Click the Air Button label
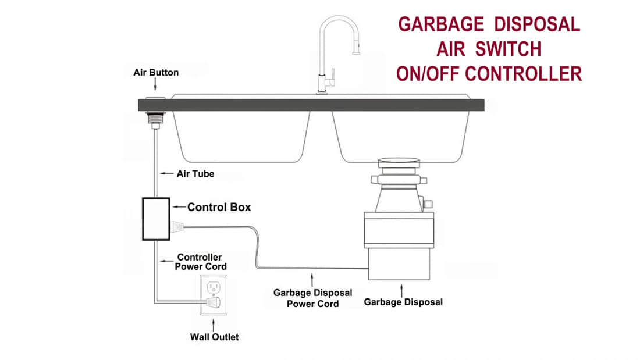[155, 73]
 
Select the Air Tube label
[195, 173]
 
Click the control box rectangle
[156, 219]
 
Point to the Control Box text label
[219, 206]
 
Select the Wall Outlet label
[214, 337]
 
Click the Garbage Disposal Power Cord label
[313, 298]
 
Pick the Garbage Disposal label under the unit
[403, 302]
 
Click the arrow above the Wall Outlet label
[214, 323]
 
